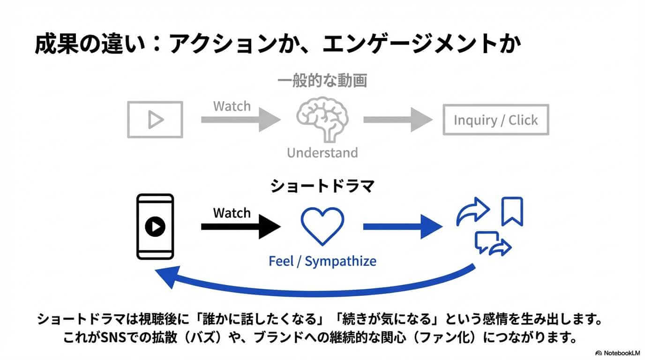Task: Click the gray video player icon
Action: pyautogui.click(x=155, y=120)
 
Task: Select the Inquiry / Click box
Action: pyautogui.click(x=495, y=120)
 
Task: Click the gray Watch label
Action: pyautogui.click(x=232, y=106)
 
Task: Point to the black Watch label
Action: pyautogui.click(x=232, y=213)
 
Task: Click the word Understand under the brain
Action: pyautogui.click(x=322, y=153)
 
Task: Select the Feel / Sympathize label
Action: pyautogui.click(x=322, y=261)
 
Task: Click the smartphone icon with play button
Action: pyautogui.click(x=155, y=227)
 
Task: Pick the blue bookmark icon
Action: pyautogui.click(x=512, y=211)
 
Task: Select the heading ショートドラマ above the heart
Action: pyautogui.click(x=322, y=186)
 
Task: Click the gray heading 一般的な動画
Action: pyautogui.click(x=322, y=81)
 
